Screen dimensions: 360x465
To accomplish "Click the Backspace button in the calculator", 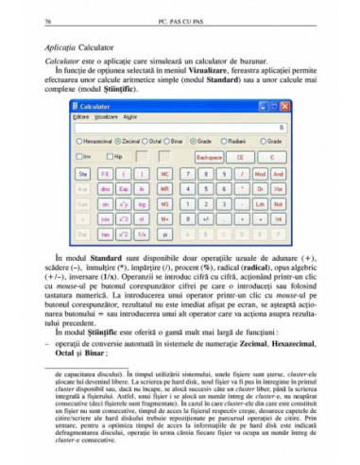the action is coord(209,155).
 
